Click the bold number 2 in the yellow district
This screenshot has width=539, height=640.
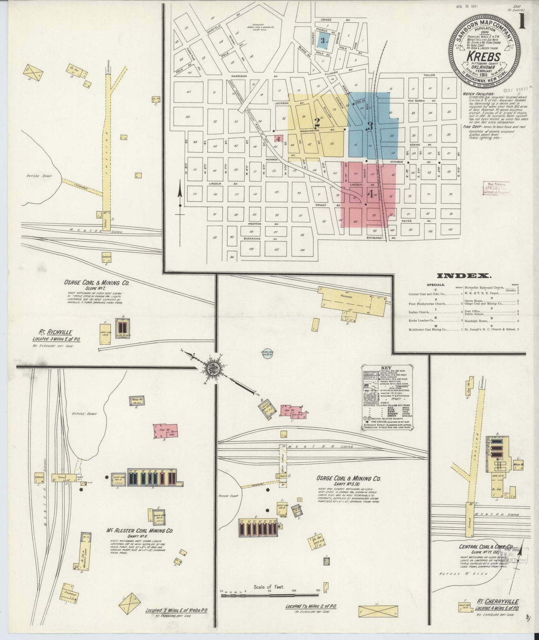(317, 122)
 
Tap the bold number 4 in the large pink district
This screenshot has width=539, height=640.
(370, 193)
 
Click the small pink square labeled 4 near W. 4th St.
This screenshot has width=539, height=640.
(278, 139)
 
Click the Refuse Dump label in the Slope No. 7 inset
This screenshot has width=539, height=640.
(38, 175)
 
